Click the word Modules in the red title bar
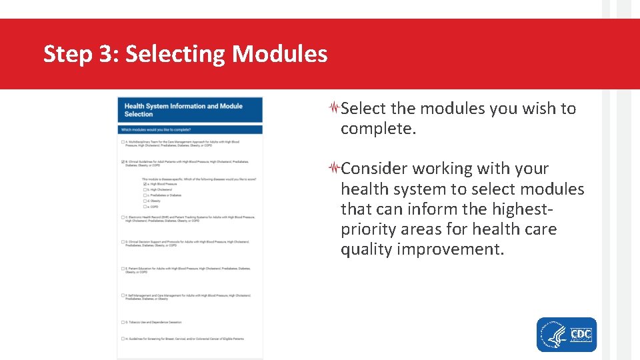279,54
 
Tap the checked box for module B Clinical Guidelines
123,162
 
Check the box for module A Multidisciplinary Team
123,142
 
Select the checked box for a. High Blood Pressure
145,184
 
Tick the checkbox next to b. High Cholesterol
145,190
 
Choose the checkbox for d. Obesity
145,201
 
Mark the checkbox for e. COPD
145,207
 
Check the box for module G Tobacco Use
123,323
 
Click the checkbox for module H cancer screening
123,339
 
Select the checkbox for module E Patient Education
123,269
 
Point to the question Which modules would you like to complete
163,129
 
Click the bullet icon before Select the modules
335,108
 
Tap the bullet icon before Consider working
335,168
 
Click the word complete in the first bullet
377,129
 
